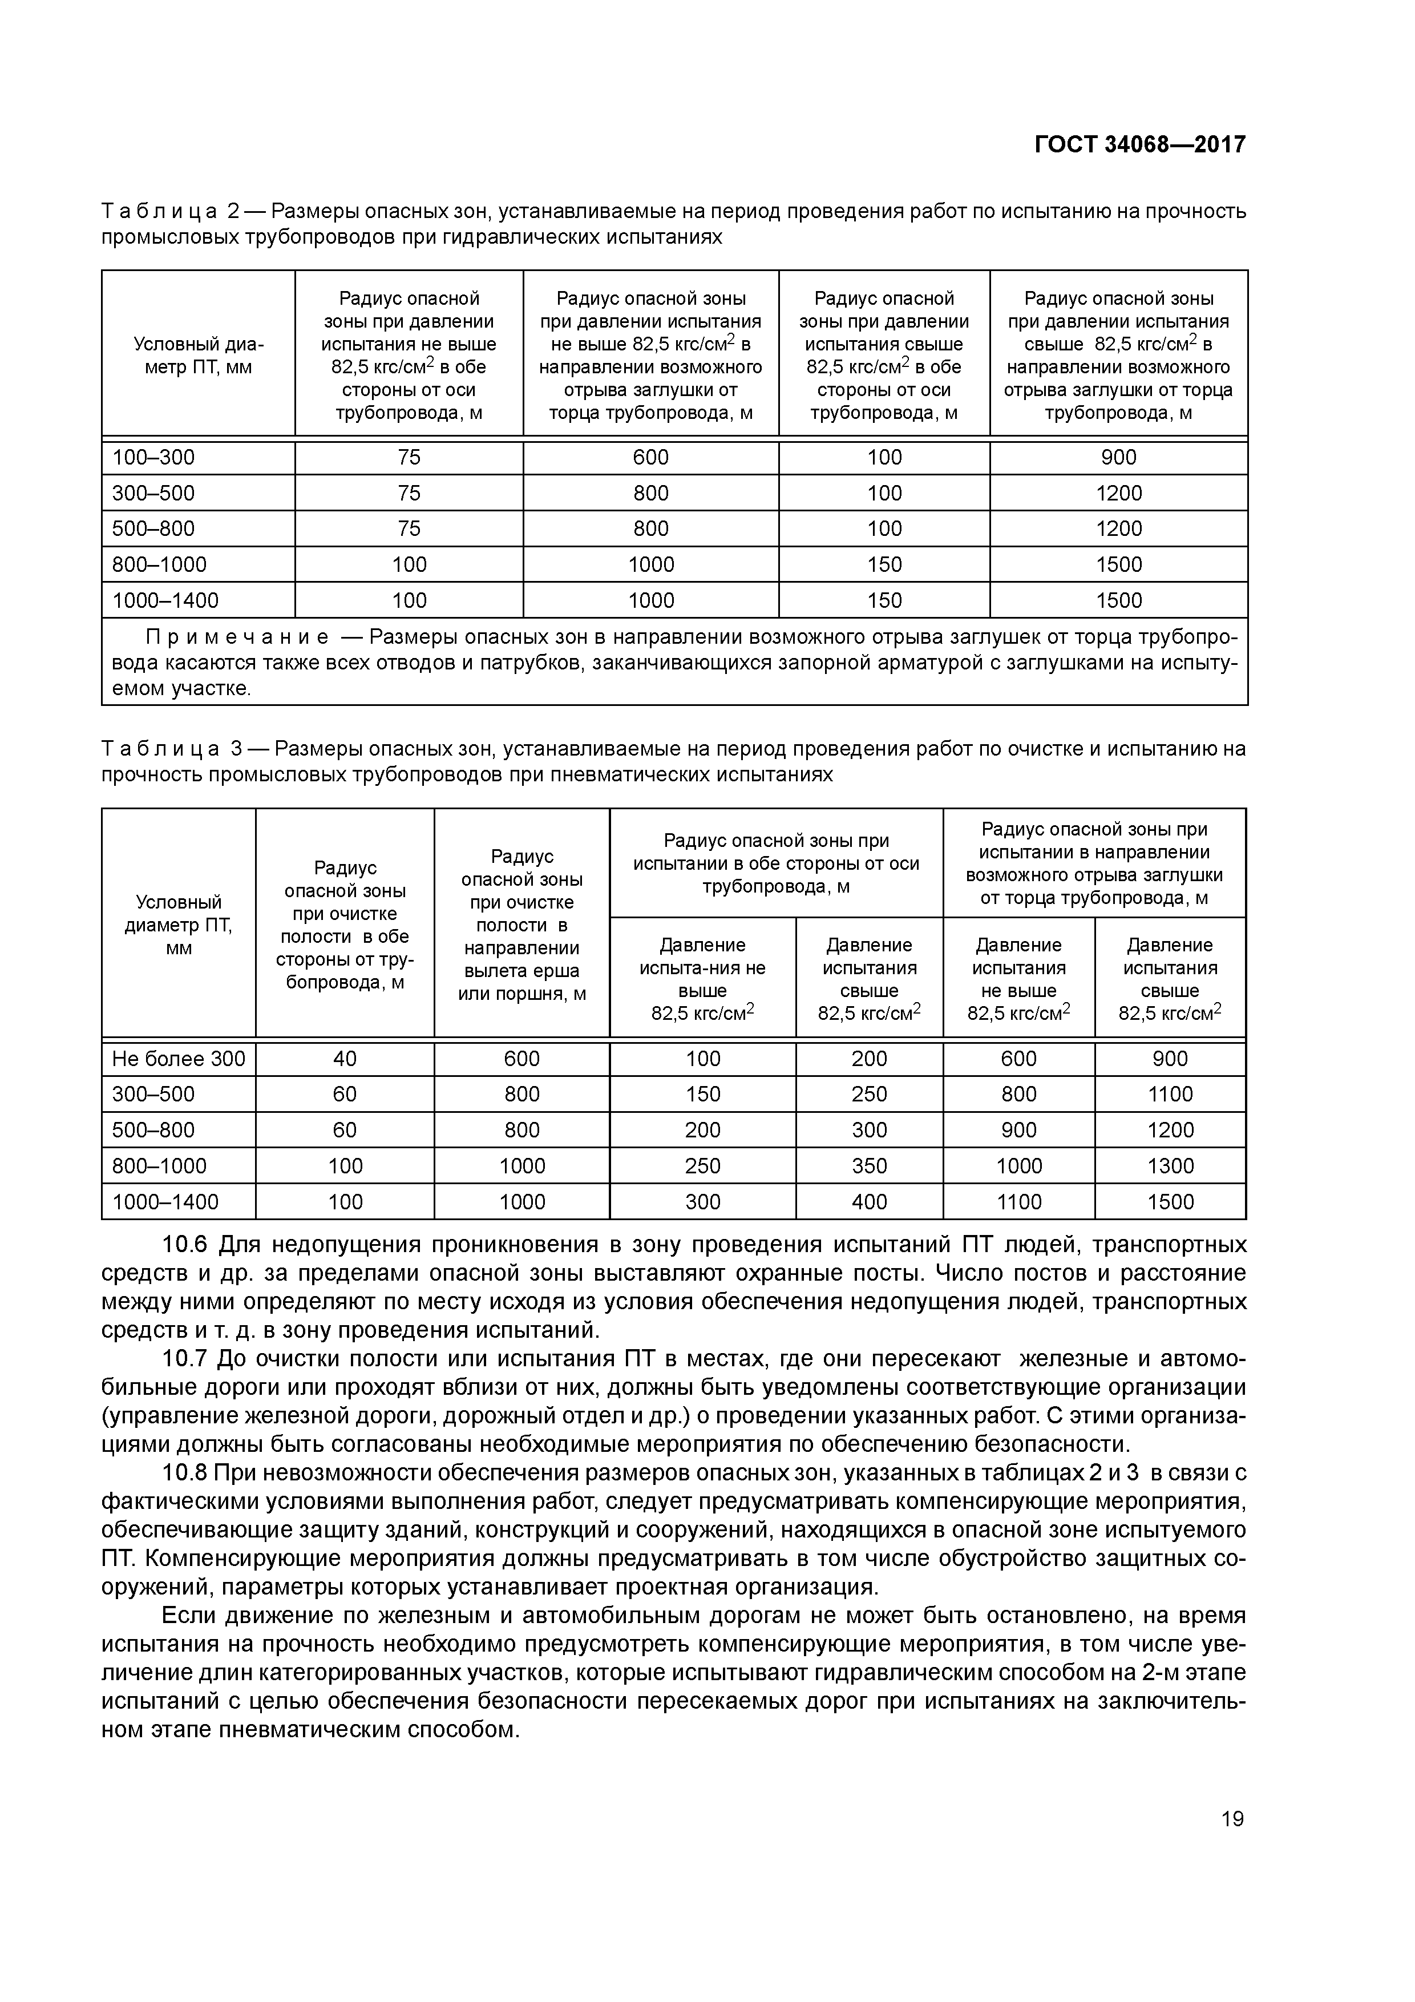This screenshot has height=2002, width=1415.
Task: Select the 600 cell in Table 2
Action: [650, 458]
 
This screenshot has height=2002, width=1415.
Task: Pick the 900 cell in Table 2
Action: [1118, 458]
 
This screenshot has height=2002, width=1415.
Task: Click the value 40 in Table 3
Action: [345, 1059]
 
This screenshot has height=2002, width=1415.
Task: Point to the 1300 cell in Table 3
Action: [1170, 1166]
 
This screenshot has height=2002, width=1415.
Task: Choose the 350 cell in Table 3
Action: [868, 1166]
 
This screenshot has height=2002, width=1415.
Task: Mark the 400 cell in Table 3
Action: [868, 1201]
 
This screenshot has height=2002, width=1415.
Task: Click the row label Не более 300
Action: [179, 1059]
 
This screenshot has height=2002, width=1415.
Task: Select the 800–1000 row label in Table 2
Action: [160, 564]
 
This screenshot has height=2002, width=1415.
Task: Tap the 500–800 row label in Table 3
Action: [153, 1130]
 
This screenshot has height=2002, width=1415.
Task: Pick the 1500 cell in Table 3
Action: [1170, 1201]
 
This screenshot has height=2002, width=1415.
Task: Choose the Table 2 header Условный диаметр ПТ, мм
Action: [198, 356]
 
